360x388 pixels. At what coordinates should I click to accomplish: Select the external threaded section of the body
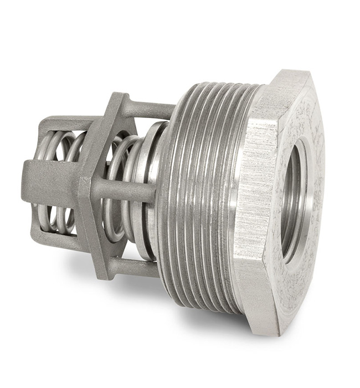click(205, 194)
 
